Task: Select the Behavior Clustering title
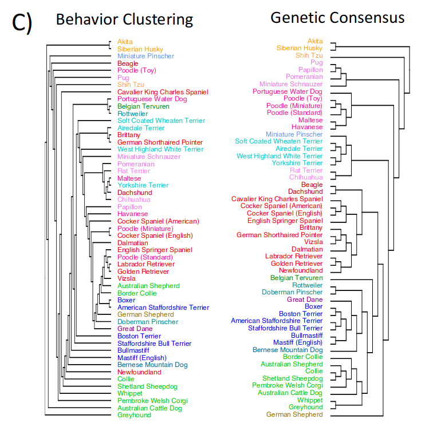124,19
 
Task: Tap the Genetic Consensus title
337,18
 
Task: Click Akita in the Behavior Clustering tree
125,42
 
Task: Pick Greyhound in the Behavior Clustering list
135,415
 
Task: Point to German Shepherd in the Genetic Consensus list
294,414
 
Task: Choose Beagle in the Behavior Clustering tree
128,63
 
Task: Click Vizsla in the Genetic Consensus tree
313,242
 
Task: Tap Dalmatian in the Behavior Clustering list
133,243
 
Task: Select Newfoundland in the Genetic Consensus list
301,270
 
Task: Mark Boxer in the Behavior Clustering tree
126,300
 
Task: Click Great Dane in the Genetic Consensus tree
305,300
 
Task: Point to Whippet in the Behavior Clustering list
130,393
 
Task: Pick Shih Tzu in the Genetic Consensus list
309,55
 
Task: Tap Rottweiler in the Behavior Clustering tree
132,114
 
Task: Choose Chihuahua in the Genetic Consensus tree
306,177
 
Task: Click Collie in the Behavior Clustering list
126,379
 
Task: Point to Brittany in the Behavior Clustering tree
128,135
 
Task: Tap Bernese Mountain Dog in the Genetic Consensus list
288,350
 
